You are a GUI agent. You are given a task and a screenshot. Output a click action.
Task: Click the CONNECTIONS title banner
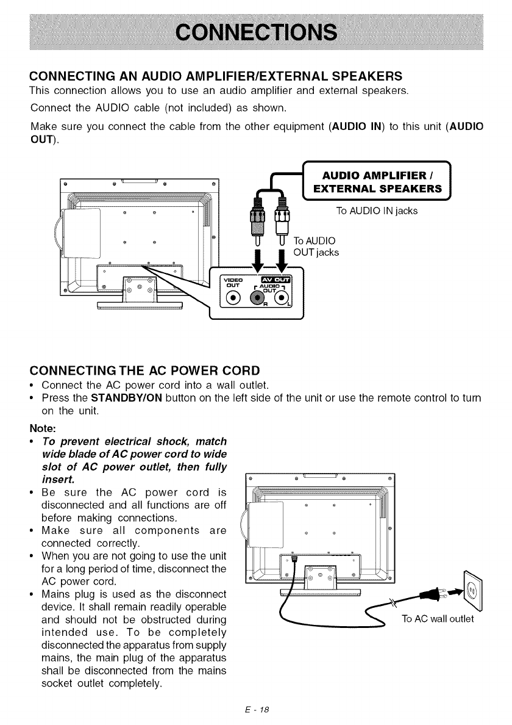255,32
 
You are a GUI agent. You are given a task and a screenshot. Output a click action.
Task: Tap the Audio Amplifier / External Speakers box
376,181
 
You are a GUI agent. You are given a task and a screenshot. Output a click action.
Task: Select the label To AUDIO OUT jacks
316,246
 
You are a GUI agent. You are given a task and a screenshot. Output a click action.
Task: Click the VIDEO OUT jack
232,297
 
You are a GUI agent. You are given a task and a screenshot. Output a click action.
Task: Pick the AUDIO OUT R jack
258,297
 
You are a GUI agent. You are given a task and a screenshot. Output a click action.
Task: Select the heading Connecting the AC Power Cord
145,370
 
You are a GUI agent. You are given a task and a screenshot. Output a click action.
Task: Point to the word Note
42,427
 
